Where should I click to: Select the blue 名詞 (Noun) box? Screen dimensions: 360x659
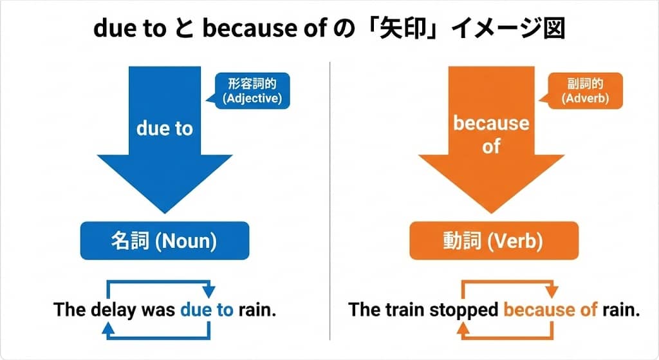pos(164,242)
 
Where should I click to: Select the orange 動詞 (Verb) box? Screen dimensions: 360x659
pos(494,242)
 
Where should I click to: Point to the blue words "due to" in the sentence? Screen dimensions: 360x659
pos(207,310)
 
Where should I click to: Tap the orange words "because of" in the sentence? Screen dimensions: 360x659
pos(551,310)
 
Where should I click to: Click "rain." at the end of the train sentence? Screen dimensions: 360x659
pos(621,310)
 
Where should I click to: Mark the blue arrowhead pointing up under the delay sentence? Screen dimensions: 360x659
pos(109,329)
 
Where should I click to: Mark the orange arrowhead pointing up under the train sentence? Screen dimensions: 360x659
pos(464,329)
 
